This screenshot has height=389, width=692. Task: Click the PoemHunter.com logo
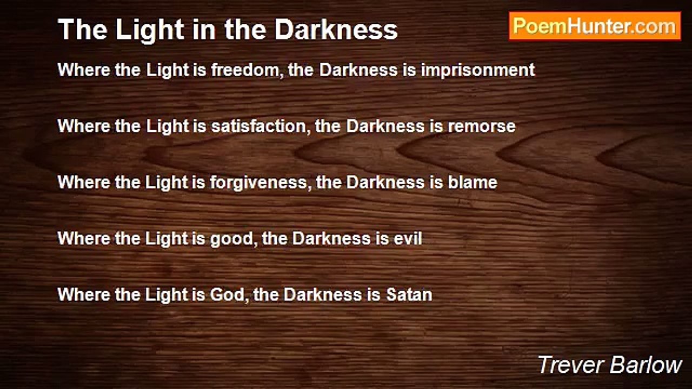(595, 26)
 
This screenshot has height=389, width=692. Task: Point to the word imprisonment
(478, 70)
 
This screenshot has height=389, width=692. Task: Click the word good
(234, 239)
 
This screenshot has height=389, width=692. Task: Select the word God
(229, 294)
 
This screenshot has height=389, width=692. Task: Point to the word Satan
(409, 294)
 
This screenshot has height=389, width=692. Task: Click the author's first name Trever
(570, 365)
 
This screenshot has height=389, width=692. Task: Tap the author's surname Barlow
(646, 365)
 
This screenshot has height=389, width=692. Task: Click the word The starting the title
(83, 30)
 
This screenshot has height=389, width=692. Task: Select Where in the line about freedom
(84, 70)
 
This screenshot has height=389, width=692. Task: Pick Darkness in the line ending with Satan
(323, 294)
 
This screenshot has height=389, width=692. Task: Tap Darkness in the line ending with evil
(331, 238)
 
